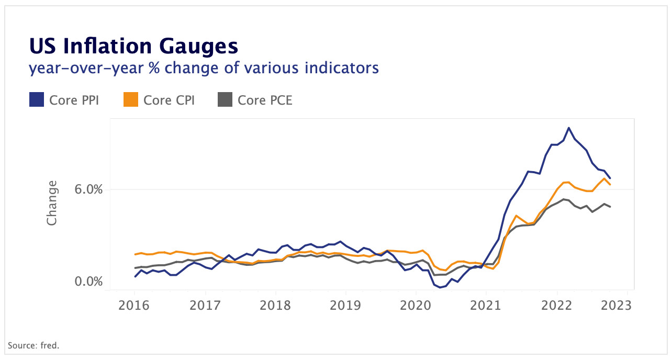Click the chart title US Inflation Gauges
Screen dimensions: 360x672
(133, 47)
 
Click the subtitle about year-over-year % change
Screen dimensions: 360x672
(204, 67)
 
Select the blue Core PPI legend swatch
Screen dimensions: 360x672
(36, 99)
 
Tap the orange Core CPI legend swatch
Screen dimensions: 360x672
(130, 99)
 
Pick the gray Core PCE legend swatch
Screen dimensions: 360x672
(225, 99)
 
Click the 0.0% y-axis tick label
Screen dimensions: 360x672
(88, 282)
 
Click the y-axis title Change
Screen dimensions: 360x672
(52, 203)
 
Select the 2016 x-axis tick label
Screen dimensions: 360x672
(135, 305)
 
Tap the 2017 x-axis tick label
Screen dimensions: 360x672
(205, 305)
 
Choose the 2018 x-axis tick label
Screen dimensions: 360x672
(275, 305)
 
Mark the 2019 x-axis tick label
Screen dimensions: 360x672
(345, 305)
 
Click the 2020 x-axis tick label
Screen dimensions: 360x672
(416, 305)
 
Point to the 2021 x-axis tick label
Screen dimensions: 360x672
(486, 305)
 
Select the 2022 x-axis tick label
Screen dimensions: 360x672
(556, 305)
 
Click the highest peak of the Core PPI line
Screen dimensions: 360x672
(569, 128)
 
